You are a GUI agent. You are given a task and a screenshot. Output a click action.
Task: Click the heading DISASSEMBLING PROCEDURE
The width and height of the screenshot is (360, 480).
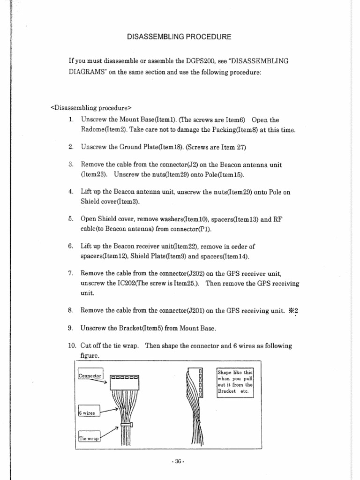[180, 37]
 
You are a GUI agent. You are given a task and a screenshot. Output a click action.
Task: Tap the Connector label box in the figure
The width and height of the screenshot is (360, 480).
[90, 375]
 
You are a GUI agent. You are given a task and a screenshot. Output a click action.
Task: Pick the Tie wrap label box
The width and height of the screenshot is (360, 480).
[89, 439]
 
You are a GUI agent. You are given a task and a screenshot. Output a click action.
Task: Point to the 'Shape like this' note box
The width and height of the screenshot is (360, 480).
[235, 382]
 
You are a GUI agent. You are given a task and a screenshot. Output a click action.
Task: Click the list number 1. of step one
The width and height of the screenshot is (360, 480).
[71, 120]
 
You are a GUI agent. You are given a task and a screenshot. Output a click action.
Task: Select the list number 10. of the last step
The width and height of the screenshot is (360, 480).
[72, 345]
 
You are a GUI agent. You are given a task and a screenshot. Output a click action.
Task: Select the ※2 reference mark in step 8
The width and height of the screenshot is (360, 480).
[293, 310]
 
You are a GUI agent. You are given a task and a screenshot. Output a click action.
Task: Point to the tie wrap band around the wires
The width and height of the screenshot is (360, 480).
[125, 426]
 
